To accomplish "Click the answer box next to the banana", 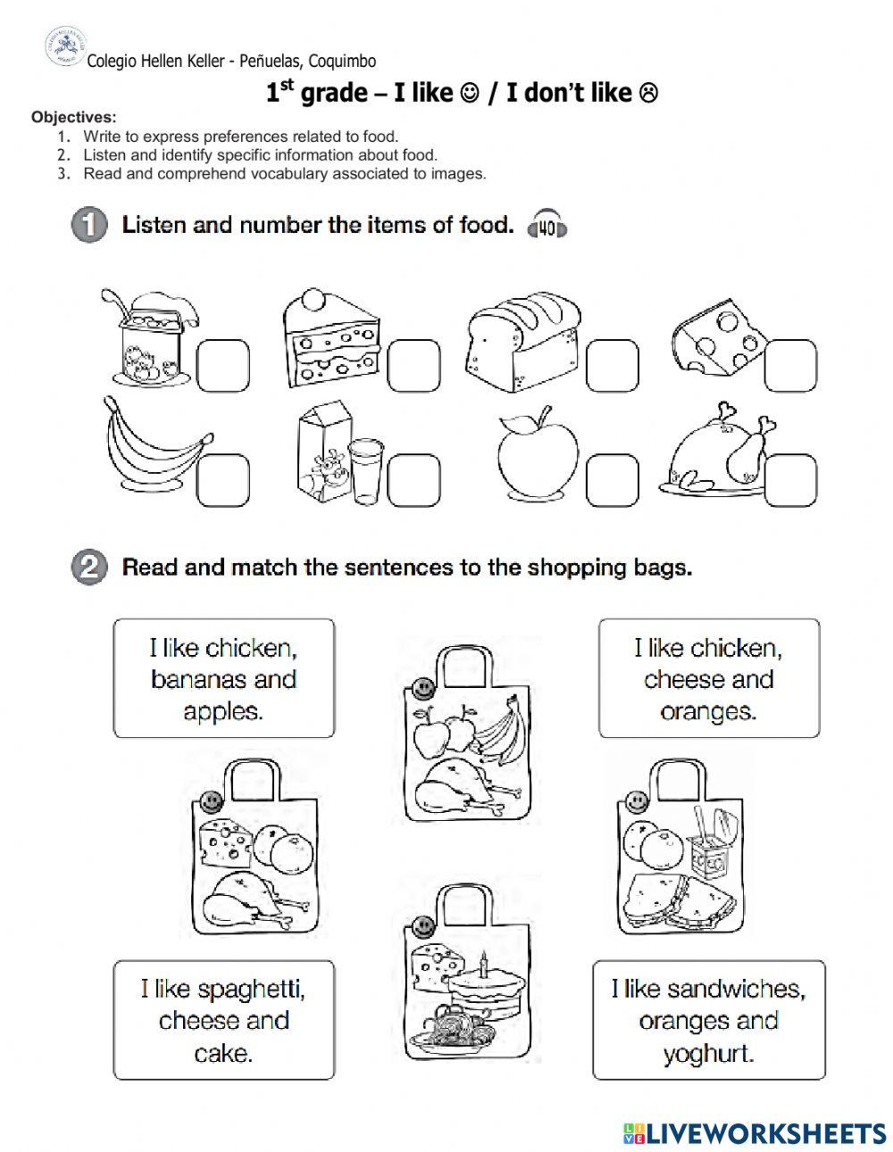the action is tap(223, 480).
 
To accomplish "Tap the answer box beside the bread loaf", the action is tap(613, 366).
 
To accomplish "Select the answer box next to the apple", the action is tap(613, 480).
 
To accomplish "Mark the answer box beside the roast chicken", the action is tap(790, 480).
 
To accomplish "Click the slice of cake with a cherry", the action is tap(332, 339).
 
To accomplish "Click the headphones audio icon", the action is tap(547, 225).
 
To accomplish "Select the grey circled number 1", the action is tap(89, 224).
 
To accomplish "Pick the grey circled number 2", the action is tap(89, 567).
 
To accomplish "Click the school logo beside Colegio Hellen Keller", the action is tap(66, 47).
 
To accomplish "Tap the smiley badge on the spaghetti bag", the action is tap(422, 927).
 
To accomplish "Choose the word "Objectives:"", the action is tap(74, 117).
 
